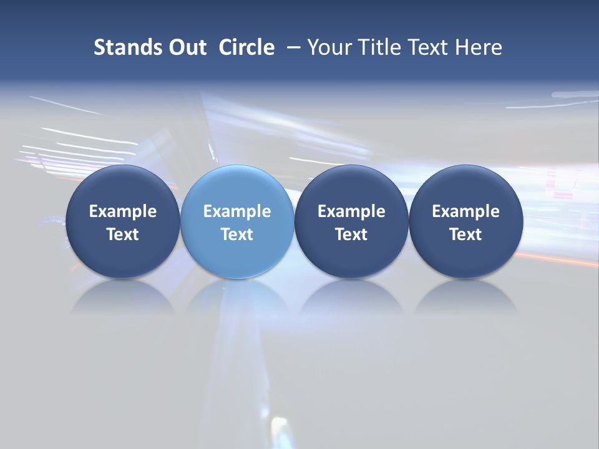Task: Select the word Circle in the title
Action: coord(246,47)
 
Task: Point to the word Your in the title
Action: coord(329,47)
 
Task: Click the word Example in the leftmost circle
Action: coord(122,211)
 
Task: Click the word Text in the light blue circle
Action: coord(237,234)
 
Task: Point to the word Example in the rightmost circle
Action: coord(466,211)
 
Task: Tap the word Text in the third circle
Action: coord(351,234)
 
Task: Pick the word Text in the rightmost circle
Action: coord(466,234)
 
